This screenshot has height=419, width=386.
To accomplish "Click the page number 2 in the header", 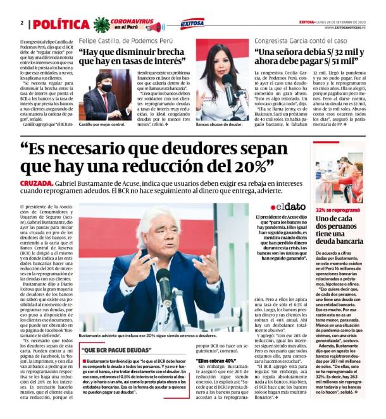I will point(22,23).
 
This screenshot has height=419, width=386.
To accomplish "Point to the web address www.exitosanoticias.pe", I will point(344,27).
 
